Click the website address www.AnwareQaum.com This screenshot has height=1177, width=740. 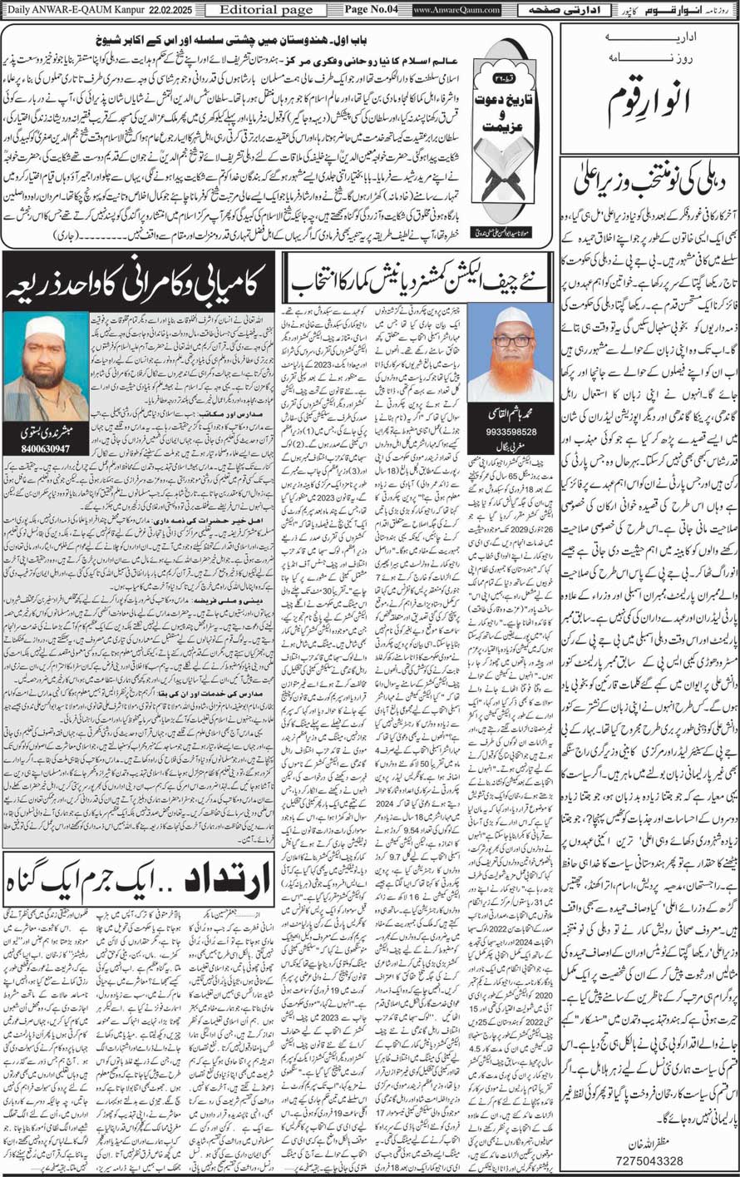point(456,10)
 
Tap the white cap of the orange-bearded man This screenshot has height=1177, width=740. point(511,317)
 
